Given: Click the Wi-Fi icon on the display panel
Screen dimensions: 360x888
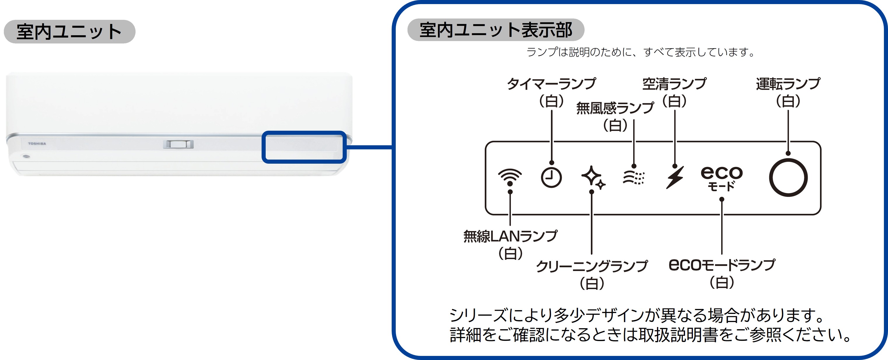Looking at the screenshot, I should tap(510, 176).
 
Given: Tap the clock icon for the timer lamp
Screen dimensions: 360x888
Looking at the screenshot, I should tap(551, 178).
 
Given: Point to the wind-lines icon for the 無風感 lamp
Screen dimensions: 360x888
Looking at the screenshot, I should tap(634, 178).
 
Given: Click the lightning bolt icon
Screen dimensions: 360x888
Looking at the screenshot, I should tap(675, 177).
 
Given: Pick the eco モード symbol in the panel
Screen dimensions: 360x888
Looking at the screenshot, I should tap(721, 178).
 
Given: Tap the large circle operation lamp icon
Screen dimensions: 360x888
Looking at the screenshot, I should tap(788, 178).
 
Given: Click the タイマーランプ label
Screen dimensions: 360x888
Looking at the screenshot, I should tap(551, 84).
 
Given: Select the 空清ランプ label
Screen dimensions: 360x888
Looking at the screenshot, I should tap(674, 84).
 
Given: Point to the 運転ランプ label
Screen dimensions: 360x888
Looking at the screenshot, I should tap(788, 84).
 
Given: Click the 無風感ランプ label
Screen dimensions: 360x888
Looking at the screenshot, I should tap(615, 108).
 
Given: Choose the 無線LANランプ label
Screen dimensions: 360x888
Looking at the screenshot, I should tap(510, 237).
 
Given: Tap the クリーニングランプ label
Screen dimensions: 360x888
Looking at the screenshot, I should tap(591, 266).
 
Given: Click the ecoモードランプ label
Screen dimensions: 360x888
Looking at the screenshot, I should tap(722, 265).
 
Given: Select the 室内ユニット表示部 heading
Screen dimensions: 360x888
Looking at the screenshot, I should tap(496, 30).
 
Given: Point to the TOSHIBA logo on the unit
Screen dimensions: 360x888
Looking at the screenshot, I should tap(37, 144).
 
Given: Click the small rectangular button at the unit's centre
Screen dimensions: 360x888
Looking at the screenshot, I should tap(178, 144).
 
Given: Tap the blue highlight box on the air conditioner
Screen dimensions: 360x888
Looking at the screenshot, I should tap(304, 147).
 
